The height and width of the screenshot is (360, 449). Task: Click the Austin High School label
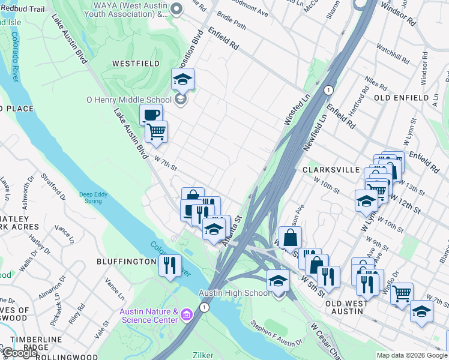point(234,293)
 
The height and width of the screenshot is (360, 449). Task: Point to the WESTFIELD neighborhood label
point(136,63)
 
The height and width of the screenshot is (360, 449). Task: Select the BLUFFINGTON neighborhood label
point(127,262)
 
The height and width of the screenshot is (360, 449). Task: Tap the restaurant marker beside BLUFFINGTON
point(170,264)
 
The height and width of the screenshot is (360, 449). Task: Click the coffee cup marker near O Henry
point(151,114)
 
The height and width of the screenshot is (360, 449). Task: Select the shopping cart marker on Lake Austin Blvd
point(156,131)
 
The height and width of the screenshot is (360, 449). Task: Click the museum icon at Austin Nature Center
point(186,314)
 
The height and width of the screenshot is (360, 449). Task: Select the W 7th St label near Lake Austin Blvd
point(166,163)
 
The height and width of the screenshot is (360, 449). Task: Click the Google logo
point(20,353)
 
